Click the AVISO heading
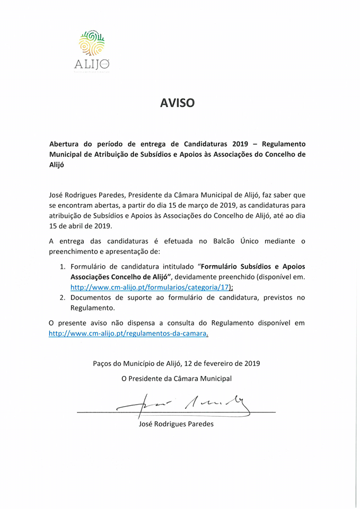pyautogui.click(x=178, y=103)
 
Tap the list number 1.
pyautogui.click(x=62, y=266)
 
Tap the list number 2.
pyautogui.click(x=62, y=297)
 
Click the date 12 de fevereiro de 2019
pyautogui.click(x=222, y=364)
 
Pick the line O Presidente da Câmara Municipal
pyautogui.click(x=177, y=379)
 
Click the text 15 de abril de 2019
pyautogui.click(x=80, y=226)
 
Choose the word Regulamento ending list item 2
pyautogui.click(x=92, y=308)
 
